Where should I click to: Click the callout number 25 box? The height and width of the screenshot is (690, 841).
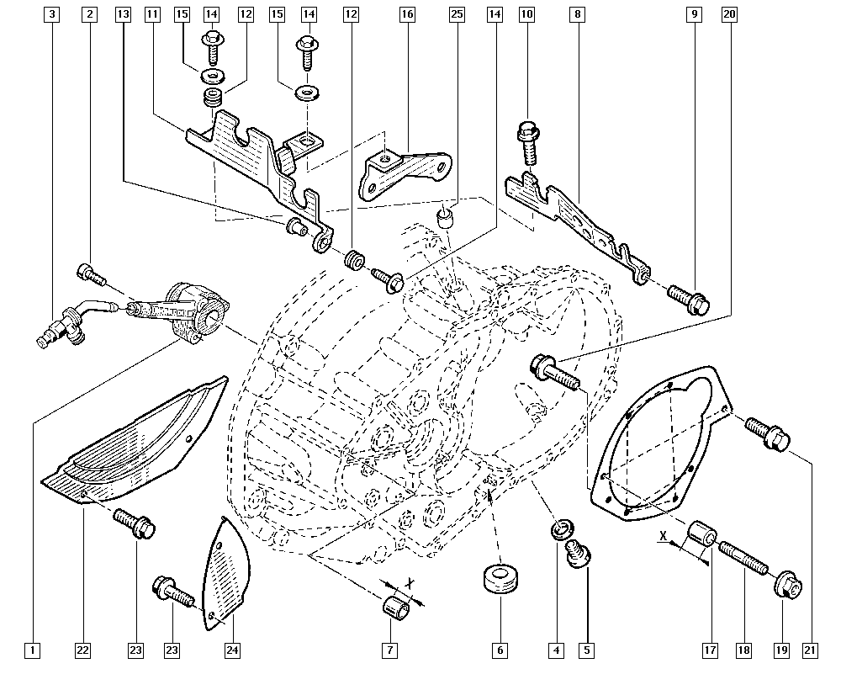(x=457, y=14)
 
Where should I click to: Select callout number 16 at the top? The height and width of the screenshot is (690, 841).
(x=407, y=14)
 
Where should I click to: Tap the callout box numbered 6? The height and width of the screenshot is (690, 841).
(x=500, y=650)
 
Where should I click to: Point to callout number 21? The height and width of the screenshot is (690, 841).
(x=810, y=650)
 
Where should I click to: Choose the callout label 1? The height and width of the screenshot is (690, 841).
(x=31, y=650)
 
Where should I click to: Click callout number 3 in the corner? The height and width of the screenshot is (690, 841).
(x=53, y=14)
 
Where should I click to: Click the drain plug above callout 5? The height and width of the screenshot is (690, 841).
(x=578, y=555)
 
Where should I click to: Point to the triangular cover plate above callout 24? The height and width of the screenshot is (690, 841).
(x=224, y=572)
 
